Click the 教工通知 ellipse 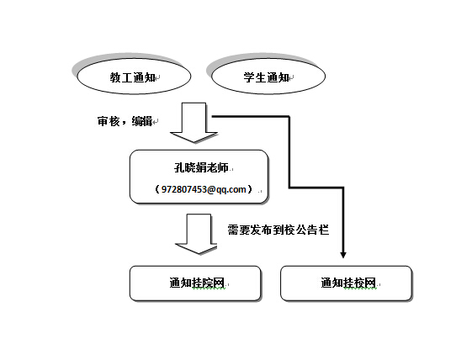point(134,77)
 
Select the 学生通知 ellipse point(268,77)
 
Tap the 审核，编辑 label point(125,121)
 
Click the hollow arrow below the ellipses point(194,122)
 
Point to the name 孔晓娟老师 point(201,167)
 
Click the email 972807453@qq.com point(204,189)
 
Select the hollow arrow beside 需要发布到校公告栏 point(196,234)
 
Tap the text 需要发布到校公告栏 point(278,230)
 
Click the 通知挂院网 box point(195,283)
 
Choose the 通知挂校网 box point(346,283)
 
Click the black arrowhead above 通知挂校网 point(343,255)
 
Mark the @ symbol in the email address point(212,189)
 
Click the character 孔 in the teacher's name point(179,167)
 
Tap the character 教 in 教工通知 point(115,77)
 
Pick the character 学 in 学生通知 point(250,77)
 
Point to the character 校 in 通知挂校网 point(359,283)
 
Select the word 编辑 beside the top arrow point(142,121)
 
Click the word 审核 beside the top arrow point(108,121)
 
